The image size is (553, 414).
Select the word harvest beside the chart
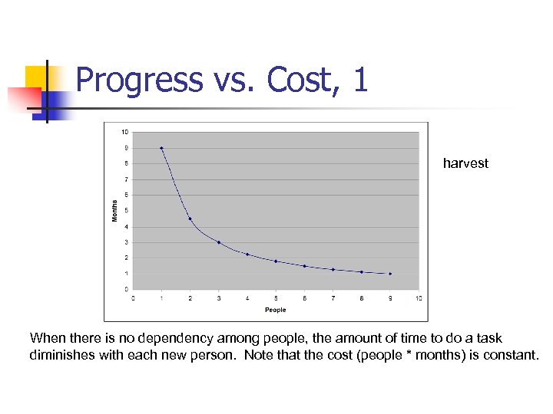pos(465,163)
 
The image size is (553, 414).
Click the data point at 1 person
pos(161,148)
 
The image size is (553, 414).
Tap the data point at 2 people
pos(190,219)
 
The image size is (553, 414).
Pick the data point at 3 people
pos(219,242)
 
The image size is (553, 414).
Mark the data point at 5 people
pos(276,261)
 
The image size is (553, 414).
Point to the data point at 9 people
pos(390,274)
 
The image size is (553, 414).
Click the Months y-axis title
pos(115,211)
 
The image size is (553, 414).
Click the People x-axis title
pos(275,310)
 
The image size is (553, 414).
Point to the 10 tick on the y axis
pos(124,132)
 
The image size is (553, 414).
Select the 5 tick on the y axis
pos(126,211)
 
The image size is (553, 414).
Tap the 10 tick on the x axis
pos(419,297)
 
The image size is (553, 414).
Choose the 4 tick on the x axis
pos(247,297)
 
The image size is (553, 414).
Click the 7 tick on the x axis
pos(333,297)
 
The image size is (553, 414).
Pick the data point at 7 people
pos(333,269)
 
